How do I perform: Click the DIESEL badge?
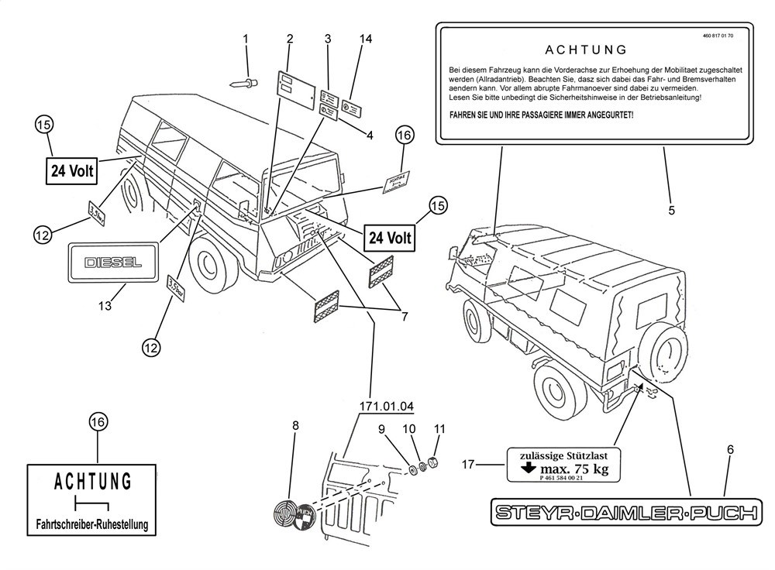point(113,262)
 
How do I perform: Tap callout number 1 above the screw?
point(246,39)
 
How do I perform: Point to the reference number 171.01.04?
point(386,406)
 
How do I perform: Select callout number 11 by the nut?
point(439,428)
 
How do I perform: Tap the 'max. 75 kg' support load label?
point(564,468)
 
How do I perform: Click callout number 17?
point(467,465)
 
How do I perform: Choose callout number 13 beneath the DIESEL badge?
point(105,307)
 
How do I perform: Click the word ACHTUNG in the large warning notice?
point(585,51)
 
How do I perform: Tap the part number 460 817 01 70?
point(718,36)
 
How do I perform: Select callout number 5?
point(671,210)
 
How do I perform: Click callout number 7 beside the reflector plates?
point(401,316)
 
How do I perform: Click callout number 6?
point(729,449)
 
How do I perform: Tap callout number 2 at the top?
point(289,39)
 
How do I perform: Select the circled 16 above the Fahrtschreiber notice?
point(98,422)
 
